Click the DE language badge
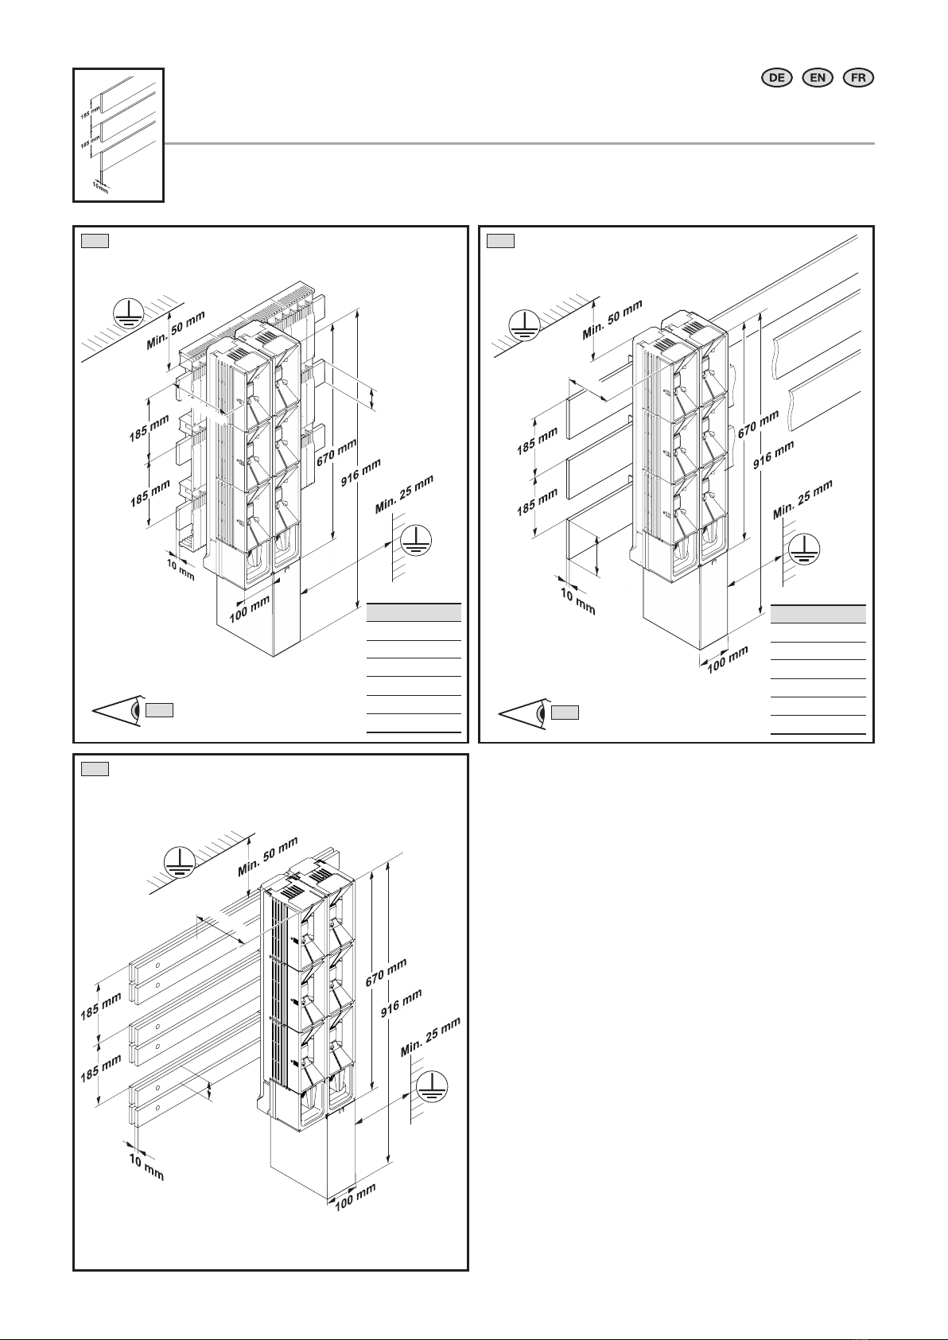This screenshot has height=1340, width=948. pyautogui.click(x=776, y=78)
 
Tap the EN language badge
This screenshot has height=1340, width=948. pyautogui.click(x=817, y=78)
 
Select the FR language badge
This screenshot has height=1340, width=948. pyautogui.click(x=858, y=78)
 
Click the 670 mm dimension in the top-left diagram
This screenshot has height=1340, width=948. pyautogui.click(x=337, y=452)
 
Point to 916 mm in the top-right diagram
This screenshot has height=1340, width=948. pyautogui.click(x=773, y=455)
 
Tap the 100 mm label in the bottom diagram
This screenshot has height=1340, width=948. pyautogui.click(x=355, y=1197)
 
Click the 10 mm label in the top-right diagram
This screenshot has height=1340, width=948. pyautogui.click(x=577, y=601)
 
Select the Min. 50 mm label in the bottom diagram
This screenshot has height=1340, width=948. pyautogui.click(x=268, y=856)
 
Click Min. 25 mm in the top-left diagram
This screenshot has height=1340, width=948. pyautogui.click(x=404, y=494)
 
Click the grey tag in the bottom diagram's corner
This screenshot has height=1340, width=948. pyautogui.click(x=95, y=769)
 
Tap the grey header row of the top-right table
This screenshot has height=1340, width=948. pyautogui.click(x=818, y=615)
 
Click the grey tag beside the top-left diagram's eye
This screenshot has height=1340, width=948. pyautogui.click(x=160, y=710)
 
